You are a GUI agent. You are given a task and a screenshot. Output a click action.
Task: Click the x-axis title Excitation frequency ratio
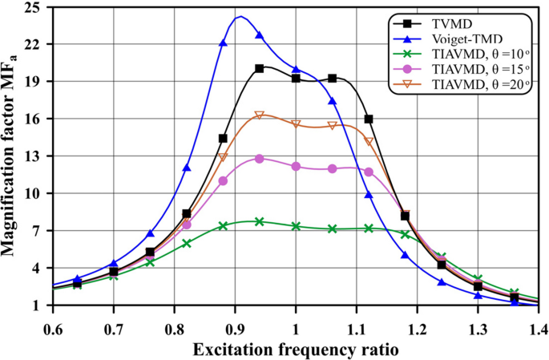pos(296,350)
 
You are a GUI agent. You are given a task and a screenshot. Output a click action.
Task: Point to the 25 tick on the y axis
pos(38,7)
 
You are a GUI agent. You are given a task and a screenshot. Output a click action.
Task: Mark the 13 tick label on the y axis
pos(38,156)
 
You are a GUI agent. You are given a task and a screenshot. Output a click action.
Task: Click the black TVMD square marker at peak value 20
pos(260,69)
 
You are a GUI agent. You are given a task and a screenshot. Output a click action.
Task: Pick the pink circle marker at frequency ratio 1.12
pos(369,172)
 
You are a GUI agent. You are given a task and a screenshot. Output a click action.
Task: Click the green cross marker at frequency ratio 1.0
pos(296,226)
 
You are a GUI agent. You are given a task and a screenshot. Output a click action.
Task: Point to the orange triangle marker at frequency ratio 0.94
pos(260,115)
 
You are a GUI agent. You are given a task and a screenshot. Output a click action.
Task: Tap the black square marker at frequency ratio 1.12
pos(369,119)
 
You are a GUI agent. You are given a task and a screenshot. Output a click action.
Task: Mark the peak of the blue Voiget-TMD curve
pos(240,17)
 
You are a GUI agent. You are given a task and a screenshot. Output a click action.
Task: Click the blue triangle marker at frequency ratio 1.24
pos(442,282)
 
